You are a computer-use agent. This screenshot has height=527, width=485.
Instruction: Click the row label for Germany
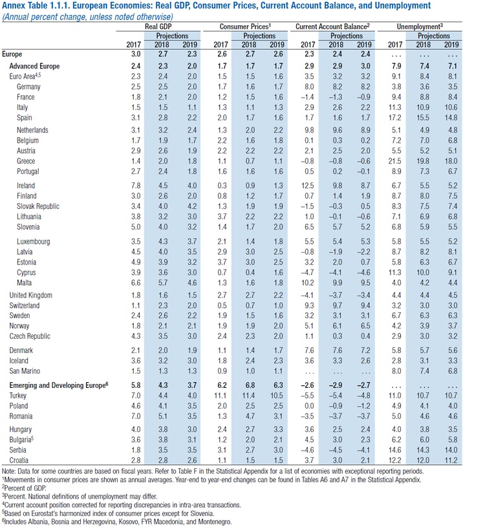28,86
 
